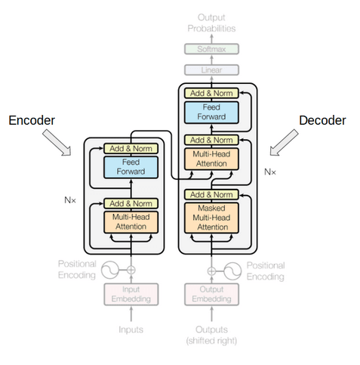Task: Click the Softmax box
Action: pos(211,49)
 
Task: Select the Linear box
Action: pos(211,70)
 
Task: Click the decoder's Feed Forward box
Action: pos(211,112)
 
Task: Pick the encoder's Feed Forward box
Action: pos(131,166)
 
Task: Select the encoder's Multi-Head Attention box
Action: pos(131,221)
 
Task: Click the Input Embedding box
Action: pos(131,295)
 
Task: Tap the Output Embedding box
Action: pos(211,295)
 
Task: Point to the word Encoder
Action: pos(31,120)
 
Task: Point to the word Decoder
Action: pos(322,120)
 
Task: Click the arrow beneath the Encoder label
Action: pos(57,143)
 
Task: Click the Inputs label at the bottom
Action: pos(131,329)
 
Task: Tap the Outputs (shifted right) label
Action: pos(211,335)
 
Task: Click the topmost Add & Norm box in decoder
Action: pos(211,93)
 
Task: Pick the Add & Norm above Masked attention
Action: pos(211,194)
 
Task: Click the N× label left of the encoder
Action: pos(70,201)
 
